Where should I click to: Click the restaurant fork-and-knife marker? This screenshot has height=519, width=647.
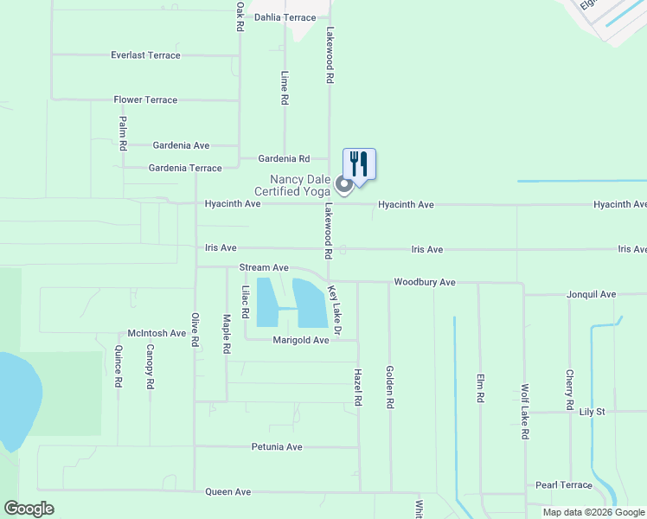[x=359, y=163]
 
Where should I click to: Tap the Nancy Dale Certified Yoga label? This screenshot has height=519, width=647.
[x=292, y=184]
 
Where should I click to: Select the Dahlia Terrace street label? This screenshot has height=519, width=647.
[x=285, y=17]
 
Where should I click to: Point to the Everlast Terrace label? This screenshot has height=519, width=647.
[x=145, y=55]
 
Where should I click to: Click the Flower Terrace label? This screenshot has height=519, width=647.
[x=145, y=100]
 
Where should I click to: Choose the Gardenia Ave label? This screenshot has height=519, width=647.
[x=181, y=145]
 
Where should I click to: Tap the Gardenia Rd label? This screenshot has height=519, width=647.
[x=284, y=159]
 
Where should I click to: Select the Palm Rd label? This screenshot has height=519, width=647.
[x=123, y=134]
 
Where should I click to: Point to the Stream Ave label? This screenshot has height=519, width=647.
[x=264, y=268]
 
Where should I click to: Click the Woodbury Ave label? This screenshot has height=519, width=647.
[x=424, y=283]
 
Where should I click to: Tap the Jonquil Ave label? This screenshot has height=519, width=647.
[x=591, y=295]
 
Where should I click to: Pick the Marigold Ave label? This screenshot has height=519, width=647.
[x=301, y=341]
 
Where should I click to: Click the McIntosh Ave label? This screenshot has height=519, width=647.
[x=157, y=333]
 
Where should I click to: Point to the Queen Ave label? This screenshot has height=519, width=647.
[x=227, y=492]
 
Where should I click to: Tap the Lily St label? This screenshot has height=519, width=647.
[x=593, y=413]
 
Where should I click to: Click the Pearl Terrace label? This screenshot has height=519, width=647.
[x=563, y=485]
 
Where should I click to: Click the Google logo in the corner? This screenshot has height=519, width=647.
[x=29, y=509]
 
